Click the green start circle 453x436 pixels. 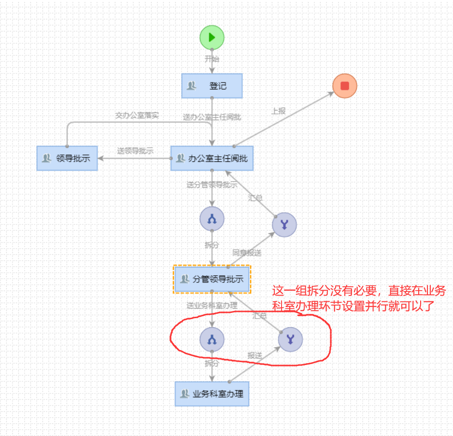tap(212, 38)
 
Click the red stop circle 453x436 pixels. tap(345, 86)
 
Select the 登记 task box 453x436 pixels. tap(212, 86)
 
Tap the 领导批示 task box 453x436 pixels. tap(67, 158)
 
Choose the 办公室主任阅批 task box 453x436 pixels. tap(212, 158)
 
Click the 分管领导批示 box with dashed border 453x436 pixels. tap(212, 279)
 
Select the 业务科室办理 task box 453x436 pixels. tap(212, 394)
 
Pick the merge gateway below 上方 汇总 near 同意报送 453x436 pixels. tap(284, 225)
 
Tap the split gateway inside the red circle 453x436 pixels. tap(212, 340)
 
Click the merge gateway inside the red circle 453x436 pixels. tap(290, 339)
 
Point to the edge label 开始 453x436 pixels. tap(212, 59)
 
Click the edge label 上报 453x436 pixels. tap(278, 111)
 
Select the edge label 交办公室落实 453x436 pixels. tap(137, 115)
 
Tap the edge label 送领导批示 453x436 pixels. tap(135, 151)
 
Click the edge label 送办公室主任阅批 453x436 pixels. tap(212, 117)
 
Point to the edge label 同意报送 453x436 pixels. tap(247, 253)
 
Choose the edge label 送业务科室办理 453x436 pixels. tap(212, 306)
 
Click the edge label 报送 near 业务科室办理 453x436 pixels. tap(255, 355)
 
